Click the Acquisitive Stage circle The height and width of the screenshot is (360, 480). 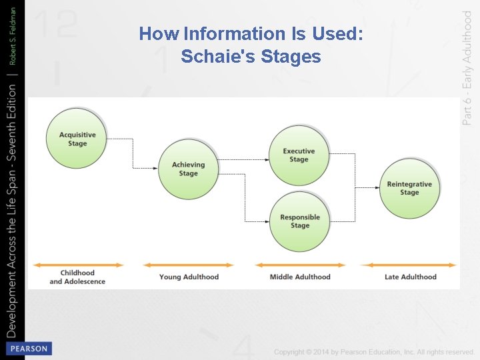tap(77, 139)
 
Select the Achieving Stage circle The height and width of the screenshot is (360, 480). tap(189, 169)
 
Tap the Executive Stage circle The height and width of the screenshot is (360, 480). tap(299, 155)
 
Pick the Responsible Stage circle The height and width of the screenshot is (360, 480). tap(300, 221)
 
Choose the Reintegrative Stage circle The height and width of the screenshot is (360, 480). tap(409, 188)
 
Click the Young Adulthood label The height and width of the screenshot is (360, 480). tap(189, 277)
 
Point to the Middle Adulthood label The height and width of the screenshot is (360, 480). tap(300, 277)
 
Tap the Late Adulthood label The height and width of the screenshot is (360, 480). tap(411, 277)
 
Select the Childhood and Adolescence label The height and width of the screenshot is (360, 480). tap(77, 277)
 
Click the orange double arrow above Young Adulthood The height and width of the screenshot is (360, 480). tap(189, 265)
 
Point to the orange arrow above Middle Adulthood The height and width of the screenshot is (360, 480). tap(300, 265)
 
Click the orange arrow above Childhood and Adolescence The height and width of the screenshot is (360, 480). tap(78, 265)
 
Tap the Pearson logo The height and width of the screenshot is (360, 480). tap(28, 349)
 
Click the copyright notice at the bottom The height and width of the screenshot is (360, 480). tap(373, 351)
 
